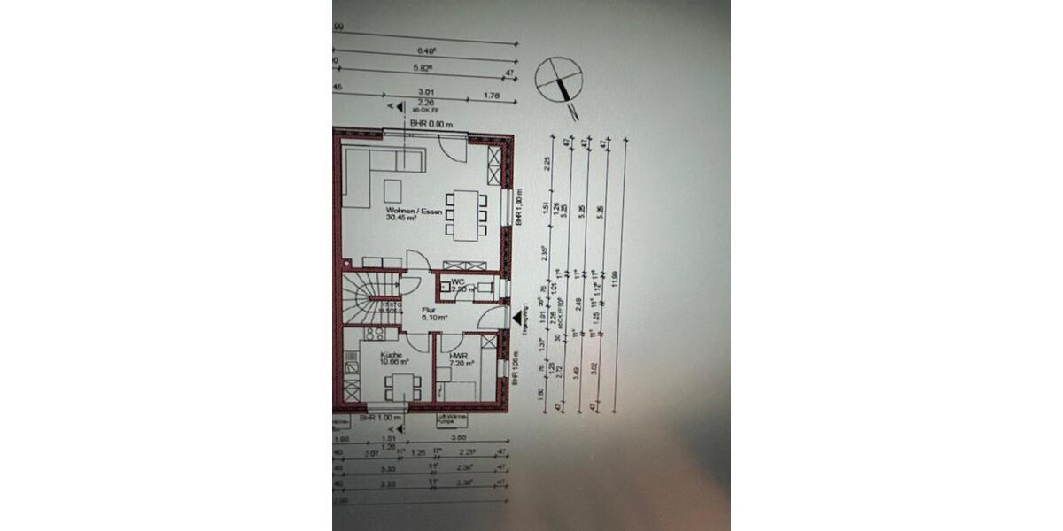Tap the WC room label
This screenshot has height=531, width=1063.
click(x=458, y=281)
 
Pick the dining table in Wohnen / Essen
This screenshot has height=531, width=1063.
click(x=465, y=216)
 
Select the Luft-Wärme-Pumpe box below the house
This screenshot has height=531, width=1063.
click(x=451, y=421)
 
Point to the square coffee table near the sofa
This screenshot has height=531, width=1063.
click(x=392, y=189)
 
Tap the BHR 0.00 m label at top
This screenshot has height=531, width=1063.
click(x=430, y=125)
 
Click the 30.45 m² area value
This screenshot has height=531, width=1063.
click(x=401, y=219)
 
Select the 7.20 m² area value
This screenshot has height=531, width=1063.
click(x=462, y=363)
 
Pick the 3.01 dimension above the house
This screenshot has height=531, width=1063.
click(x=424, y=89)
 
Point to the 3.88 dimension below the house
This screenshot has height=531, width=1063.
click(x=458, y=437)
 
